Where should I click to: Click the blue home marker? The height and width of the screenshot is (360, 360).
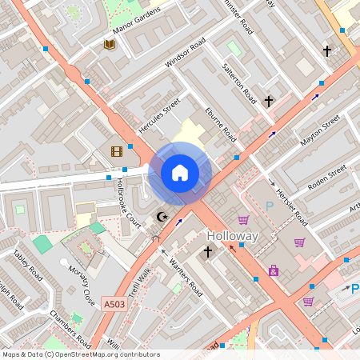180,173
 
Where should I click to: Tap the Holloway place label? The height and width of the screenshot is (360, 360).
233,237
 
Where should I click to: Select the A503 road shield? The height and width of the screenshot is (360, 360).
114,304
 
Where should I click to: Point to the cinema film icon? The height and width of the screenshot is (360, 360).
117,151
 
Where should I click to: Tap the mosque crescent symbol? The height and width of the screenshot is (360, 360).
162,216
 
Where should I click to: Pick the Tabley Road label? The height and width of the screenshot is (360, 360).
26,266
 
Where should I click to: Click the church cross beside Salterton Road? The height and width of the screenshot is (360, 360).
270,102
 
